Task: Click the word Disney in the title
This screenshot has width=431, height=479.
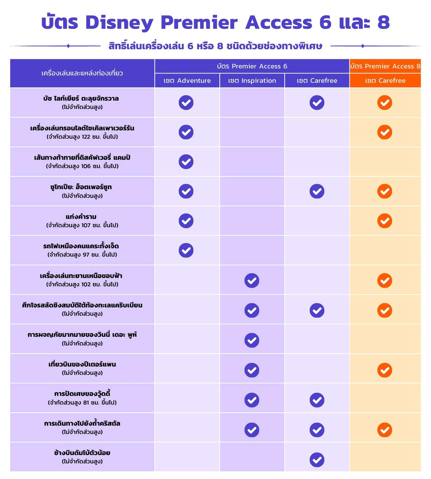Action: (119, 23)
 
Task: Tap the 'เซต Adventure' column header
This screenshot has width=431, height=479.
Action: (187, 81)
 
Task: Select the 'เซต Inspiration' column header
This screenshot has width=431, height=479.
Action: (252, 81)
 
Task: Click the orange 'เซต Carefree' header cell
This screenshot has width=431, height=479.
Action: (385, 81)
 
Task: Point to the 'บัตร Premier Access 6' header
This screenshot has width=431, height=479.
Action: (252, 66)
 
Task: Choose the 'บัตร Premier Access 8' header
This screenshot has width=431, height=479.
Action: (385, 66)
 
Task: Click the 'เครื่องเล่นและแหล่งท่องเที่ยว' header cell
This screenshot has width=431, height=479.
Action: (82, 73)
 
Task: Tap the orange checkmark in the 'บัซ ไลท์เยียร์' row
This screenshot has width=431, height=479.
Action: (385, 103)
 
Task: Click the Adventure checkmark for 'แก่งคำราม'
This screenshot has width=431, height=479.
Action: (186, 221)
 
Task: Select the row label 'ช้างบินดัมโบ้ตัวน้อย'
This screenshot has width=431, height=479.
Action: (82, 453)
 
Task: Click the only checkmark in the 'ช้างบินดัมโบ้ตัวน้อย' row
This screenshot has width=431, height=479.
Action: (317, 460)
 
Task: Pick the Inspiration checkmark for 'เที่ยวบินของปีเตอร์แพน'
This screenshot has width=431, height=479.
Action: (252, 370)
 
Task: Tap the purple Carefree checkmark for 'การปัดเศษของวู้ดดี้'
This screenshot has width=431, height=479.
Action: (317, 400)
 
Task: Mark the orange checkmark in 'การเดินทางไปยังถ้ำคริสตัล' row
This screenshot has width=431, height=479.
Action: (385, 430)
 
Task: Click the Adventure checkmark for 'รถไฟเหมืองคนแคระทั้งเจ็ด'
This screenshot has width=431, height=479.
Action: (186, 250)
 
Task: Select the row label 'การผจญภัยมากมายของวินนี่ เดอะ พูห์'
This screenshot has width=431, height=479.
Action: (82, 335)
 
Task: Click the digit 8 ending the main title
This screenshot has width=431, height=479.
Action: (383, 23)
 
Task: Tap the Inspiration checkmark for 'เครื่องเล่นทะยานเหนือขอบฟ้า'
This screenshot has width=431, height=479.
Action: (252, 281)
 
